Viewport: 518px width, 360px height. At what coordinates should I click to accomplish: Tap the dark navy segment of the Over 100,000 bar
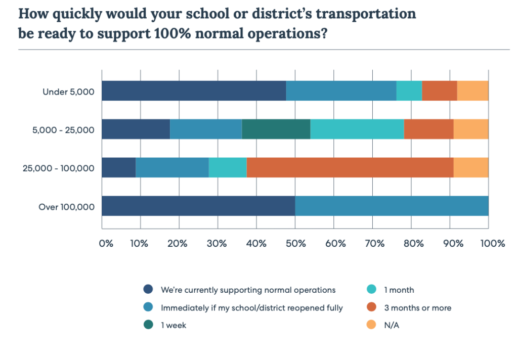click(x=198, y=206)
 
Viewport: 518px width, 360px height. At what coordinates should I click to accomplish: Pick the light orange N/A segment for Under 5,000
click(x=472, y=91)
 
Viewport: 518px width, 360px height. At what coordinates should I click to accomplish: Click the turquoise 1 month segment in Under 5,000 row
click(x=409, y=91)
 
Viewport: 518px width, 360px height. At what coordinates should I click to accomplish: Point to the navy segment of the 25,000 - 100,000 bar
click(x=119, y=168)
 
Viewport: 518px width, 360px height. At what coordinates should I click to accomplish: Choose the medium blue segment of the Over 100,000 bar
click(x=392, y=206)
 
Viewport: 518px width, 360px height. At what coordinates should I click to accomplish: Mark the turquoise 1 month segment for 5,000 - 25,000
click(x=357, y=129)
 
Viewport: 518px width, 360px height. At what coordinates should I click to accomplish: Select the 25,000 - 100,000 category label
click(x=58, y=168)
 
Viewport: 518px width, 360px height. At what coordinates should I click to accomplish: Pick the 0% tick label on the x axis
click(x=106, y=244)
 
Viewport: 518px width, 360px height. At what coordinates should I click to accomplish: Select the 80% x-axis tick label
click(x=413, y=244)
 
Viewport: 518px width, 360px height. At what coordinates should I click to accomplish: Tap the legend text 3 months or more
click(x=417, y=308)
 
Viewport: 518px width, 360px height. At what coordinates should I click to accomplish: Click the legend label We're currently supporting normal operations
click(x=248, y=290)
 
